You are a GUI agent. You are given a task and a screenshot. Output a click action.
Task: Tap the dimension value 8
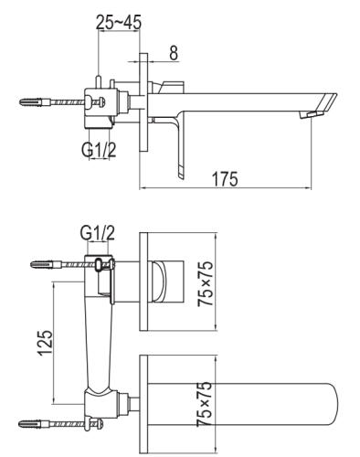(172, 53)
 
